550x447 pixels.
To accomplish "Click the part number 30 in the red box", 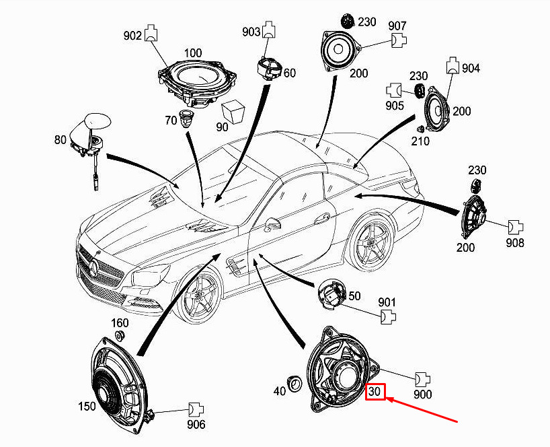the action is point(375,391).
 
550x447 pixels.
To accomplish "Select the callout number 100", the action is point(193,53).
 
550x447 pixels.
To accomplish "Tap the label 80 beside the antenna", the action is point(61,140).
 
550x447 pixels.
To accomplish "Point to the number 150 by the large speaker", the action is point(87,406).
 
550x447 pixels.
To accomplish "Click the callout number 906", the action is point(196,425).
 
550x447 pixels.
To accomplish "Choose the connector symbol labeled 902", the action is point(151,33).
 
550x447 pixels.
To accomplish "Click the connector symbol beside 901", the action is point(389,316).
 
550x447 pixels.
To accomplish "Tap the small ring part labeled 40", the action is point(294,383).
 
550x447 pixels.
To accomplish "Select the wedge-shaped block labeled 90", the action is point(233,112).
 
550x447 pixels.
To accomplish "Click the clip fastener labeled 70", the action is point(186,118).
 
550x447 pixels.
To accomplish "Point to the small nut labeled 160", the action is point(120,335).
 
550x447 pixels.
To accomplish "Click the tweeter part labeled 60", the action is point(270,69).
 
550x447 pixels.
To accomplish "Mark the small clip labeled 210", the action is point(420,129).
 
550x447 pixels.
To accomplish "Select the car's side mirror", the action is point(272,224).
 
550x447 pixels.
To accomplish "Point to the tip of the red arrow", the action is point(386,399).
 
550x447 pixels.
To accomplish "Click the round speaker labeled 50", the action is point(331,295).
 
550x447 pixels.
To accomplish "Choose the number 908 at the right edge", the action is point(515,242).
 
